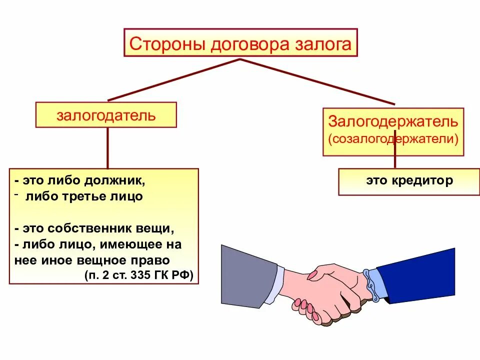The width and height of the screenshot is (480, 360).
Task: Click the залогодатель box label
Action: pyautogui.click(x=106, y=115)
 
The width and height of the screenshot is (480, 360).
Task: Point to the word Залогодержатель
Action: pyautogui.click(x=393, y=121)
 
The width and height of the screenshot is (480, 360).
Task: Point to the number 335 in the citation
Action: pyautogui.click(x=145, y=274)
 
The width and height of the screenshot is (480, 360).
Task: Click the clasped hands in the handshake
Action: pyautogui.click(x=330, y=292)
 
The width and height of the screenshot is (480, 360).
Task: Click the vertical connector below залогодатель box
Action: pyautogui.click(x=107, y=147)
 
